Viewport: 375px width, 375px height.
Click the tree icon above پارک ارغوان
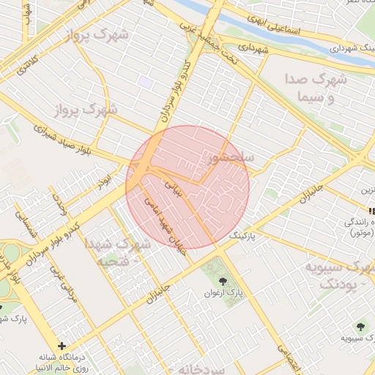coord(222,281)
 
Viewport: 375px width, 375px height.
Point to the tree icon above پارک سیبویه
coord(360,326)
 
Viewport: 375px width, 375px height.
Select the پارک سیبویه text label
coord(352,339)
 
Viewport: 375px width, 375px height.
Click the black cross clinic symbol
coord(62,346)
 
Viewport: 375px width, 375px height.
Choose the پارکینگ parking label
coord(244,237)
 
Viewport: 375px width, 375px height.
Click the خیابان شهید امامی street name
coord(167,223)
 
